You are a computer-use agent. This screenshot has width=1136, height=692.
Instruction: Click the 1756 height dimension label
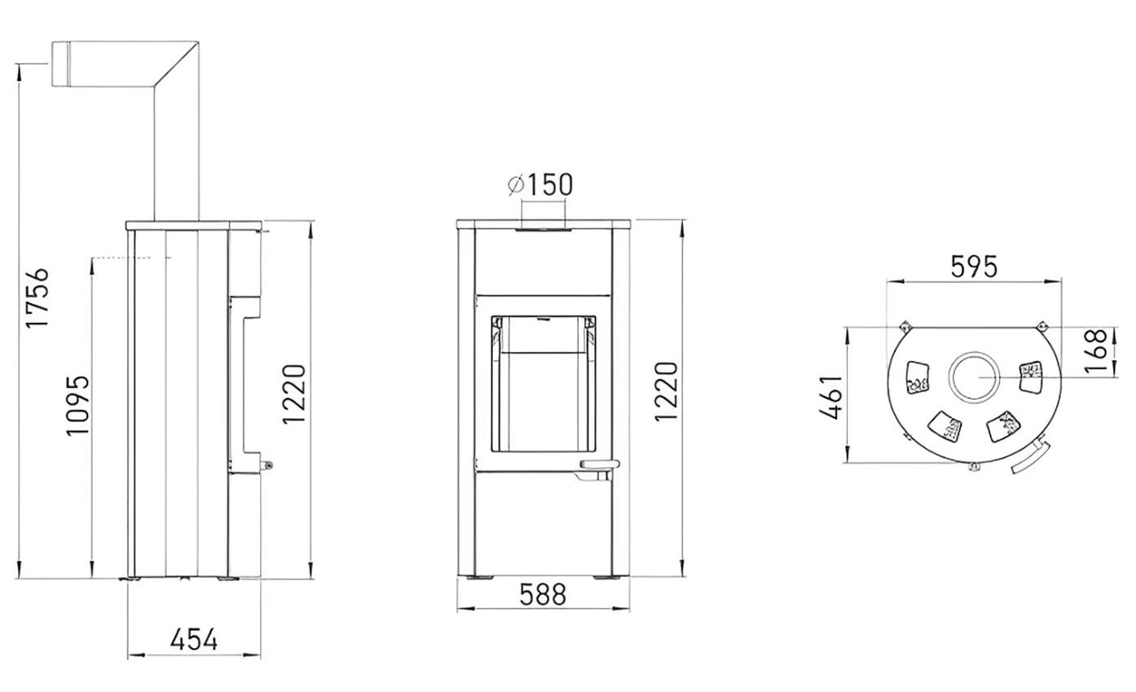pyautogui.click(x=37, y=298)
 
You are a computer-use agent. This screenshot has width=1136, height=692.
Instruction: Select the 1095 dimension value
pyautogui.click(x=77, y=405)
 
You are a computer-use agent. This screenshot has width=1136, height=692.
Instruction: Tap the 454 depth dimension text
pyautogui.click(x=194, y=639)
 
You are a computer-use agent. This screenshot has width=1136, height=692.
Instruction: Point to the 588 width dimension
pyautogui.click(x=543, y=594)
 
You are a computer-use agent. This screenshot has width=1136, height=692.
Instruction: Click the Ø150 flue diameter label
pyautogui.click(x=540, y=184)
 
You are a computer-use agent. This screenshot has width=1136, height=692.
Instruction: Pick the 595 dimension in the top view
pyautogui.click(x=974, y=267)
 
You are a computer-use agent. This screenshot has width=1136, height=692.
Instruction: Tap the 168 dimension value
pyautogui.click(x=1095, y=351)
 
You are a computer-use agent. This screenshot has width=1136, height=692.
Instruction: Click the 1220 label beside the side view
pyautogui.click(x=293, y=394)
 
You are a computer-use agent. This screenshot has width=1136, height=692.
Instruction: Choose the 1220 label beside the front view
pyautogui.click(x=666, y=391)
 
